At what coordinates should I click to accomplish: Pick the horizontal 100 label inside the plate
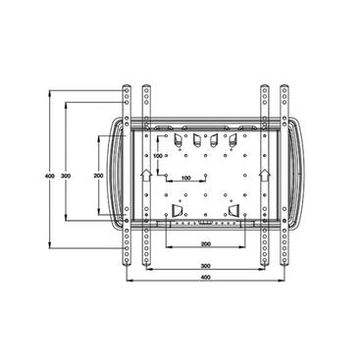[185, 179]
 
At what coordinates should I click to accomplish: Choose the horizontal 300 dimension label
[205, 266]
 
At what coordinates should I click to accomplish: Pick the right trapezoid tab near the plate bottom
[234, 211]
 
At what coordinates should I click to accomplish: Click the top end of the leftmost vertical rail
[127, 88]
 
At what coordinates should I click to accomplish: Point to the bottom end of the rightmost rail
[284, 267]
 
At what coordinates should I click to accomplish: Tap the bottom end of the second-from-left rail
[146, 267]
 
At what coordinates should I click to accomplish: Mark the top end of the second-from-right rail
[264, 88]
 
